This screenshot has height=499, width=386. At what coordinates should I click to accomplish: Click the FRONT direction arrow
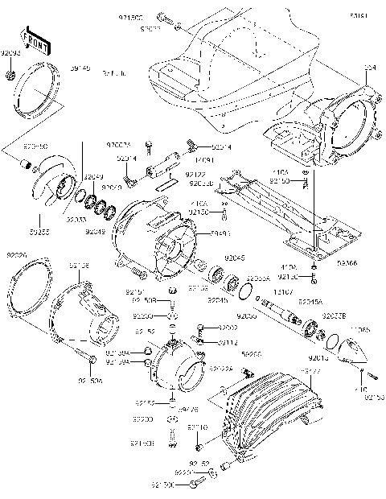point(32,40)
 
